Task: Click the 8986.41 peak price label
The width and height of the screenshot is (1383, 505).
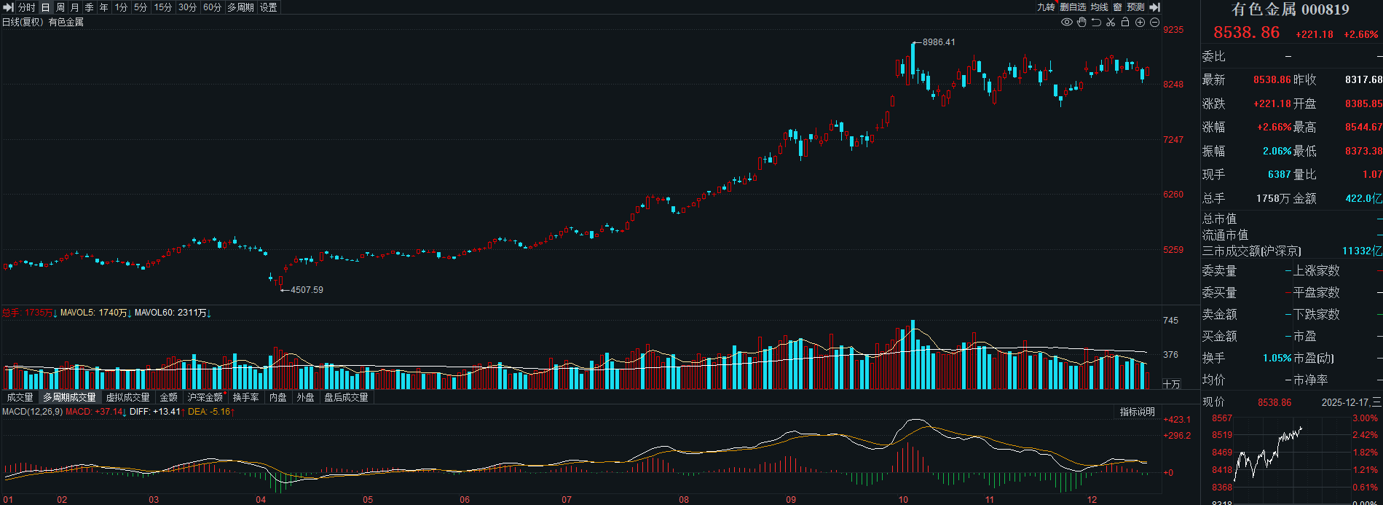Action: coord(938,42)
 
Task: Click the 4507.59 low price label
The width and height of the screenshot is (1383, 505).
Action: coord(307,290)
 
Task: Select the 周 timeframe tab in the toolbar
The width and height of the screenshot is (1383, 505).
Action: coord(60,7)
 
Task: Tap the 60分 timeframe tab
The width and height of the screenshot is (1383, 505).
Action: coord(212,7)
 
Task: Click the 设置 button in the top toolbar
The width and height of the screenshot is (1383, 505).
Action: coord(268,7)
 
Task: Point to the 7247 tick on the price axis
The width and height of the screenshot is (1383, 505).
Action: coord(1173,139)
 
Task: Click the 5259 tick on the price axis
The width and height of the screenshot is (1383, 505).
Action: coord(1173,250)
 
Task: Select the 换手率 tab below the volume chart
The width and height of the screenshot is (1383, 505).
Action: coord(245,397)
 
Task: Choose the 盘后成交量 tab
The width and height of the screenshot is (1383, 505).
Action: coord(346,397)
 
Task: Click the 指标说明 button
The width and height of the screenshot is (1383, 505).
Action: coord(1137,412)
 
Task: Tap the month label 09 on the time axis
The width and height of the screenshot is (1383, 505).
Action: coord(791,500)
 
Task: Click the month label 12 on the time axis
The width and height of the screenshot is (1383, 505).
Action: coord(1092,500)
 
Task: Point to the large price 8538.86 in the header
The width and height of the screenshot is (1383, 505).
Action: coord(1246,33)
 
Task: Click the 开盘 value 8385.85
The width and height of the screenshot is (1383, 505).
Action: coord(1363,103)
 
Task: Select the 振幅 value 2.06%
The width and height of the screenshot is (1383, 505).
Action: coord(1277,151)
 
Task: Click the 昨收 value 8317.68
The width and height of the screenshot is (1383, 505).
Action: coord(1363,79)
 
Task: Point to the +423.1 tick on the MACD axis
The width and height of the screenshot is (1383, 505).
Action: coord(1177,420)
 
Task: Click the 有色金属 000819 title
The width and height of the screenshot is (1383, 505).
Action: coord(1290,9)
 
